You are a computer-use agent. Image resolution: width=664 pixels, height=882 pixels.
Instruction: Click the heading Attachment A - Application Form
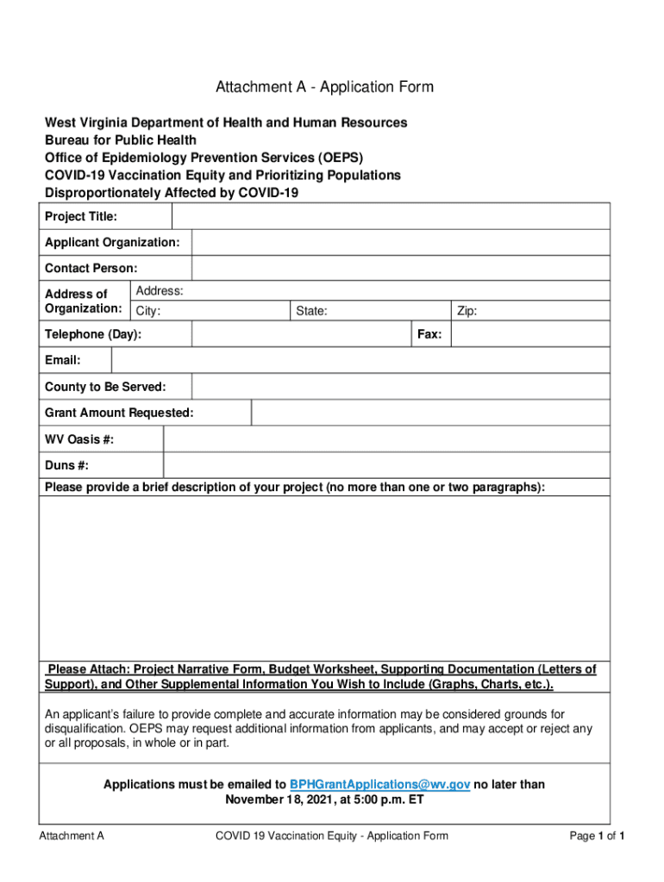[x=324, y=87]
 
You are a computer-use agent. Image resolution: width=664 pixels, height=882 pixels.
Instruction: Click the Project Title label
[x=81, y=216]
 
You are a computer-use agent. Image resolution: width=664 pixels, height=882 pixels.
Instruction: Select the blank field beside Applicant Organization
[x=400, y=243]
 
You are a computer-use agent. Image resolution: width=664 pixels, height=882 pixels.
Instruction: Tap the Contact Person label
[x=91, y=269]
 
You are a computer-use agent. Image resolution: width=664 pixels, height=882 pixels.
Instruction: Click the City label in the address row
[x=148, y=311]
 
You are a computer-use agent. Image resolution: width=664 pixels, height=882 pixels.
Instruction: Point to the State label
[x=311, y=311]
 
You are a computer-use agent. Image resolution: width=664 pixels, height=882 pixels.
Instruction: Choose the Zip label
[x=467, y=311]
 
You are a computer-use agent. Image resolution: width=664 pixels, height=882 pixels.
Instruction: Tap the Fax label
[x=430, y=334]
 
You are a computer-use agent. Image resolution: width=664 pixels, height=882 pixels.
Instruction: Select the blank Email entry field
[x=360, y=360]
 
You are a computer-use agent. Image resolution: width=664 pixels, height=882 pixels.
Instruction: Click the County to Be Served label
[x=105, y=387]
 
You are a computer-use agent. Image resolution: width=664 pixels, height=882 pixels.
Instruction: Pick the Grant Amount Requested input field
[x=430, y=413]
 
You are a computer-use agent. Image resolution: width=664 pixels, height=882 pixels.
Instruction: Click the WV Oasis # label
[x=79, y=440]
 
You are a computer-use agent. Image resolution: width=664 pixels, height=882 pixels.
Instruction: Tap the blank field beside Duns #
[x=386, y=466]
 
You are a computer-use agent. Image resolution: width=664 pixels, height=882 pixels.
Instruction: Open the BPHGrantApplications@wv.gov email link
[x=379, y=785]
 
